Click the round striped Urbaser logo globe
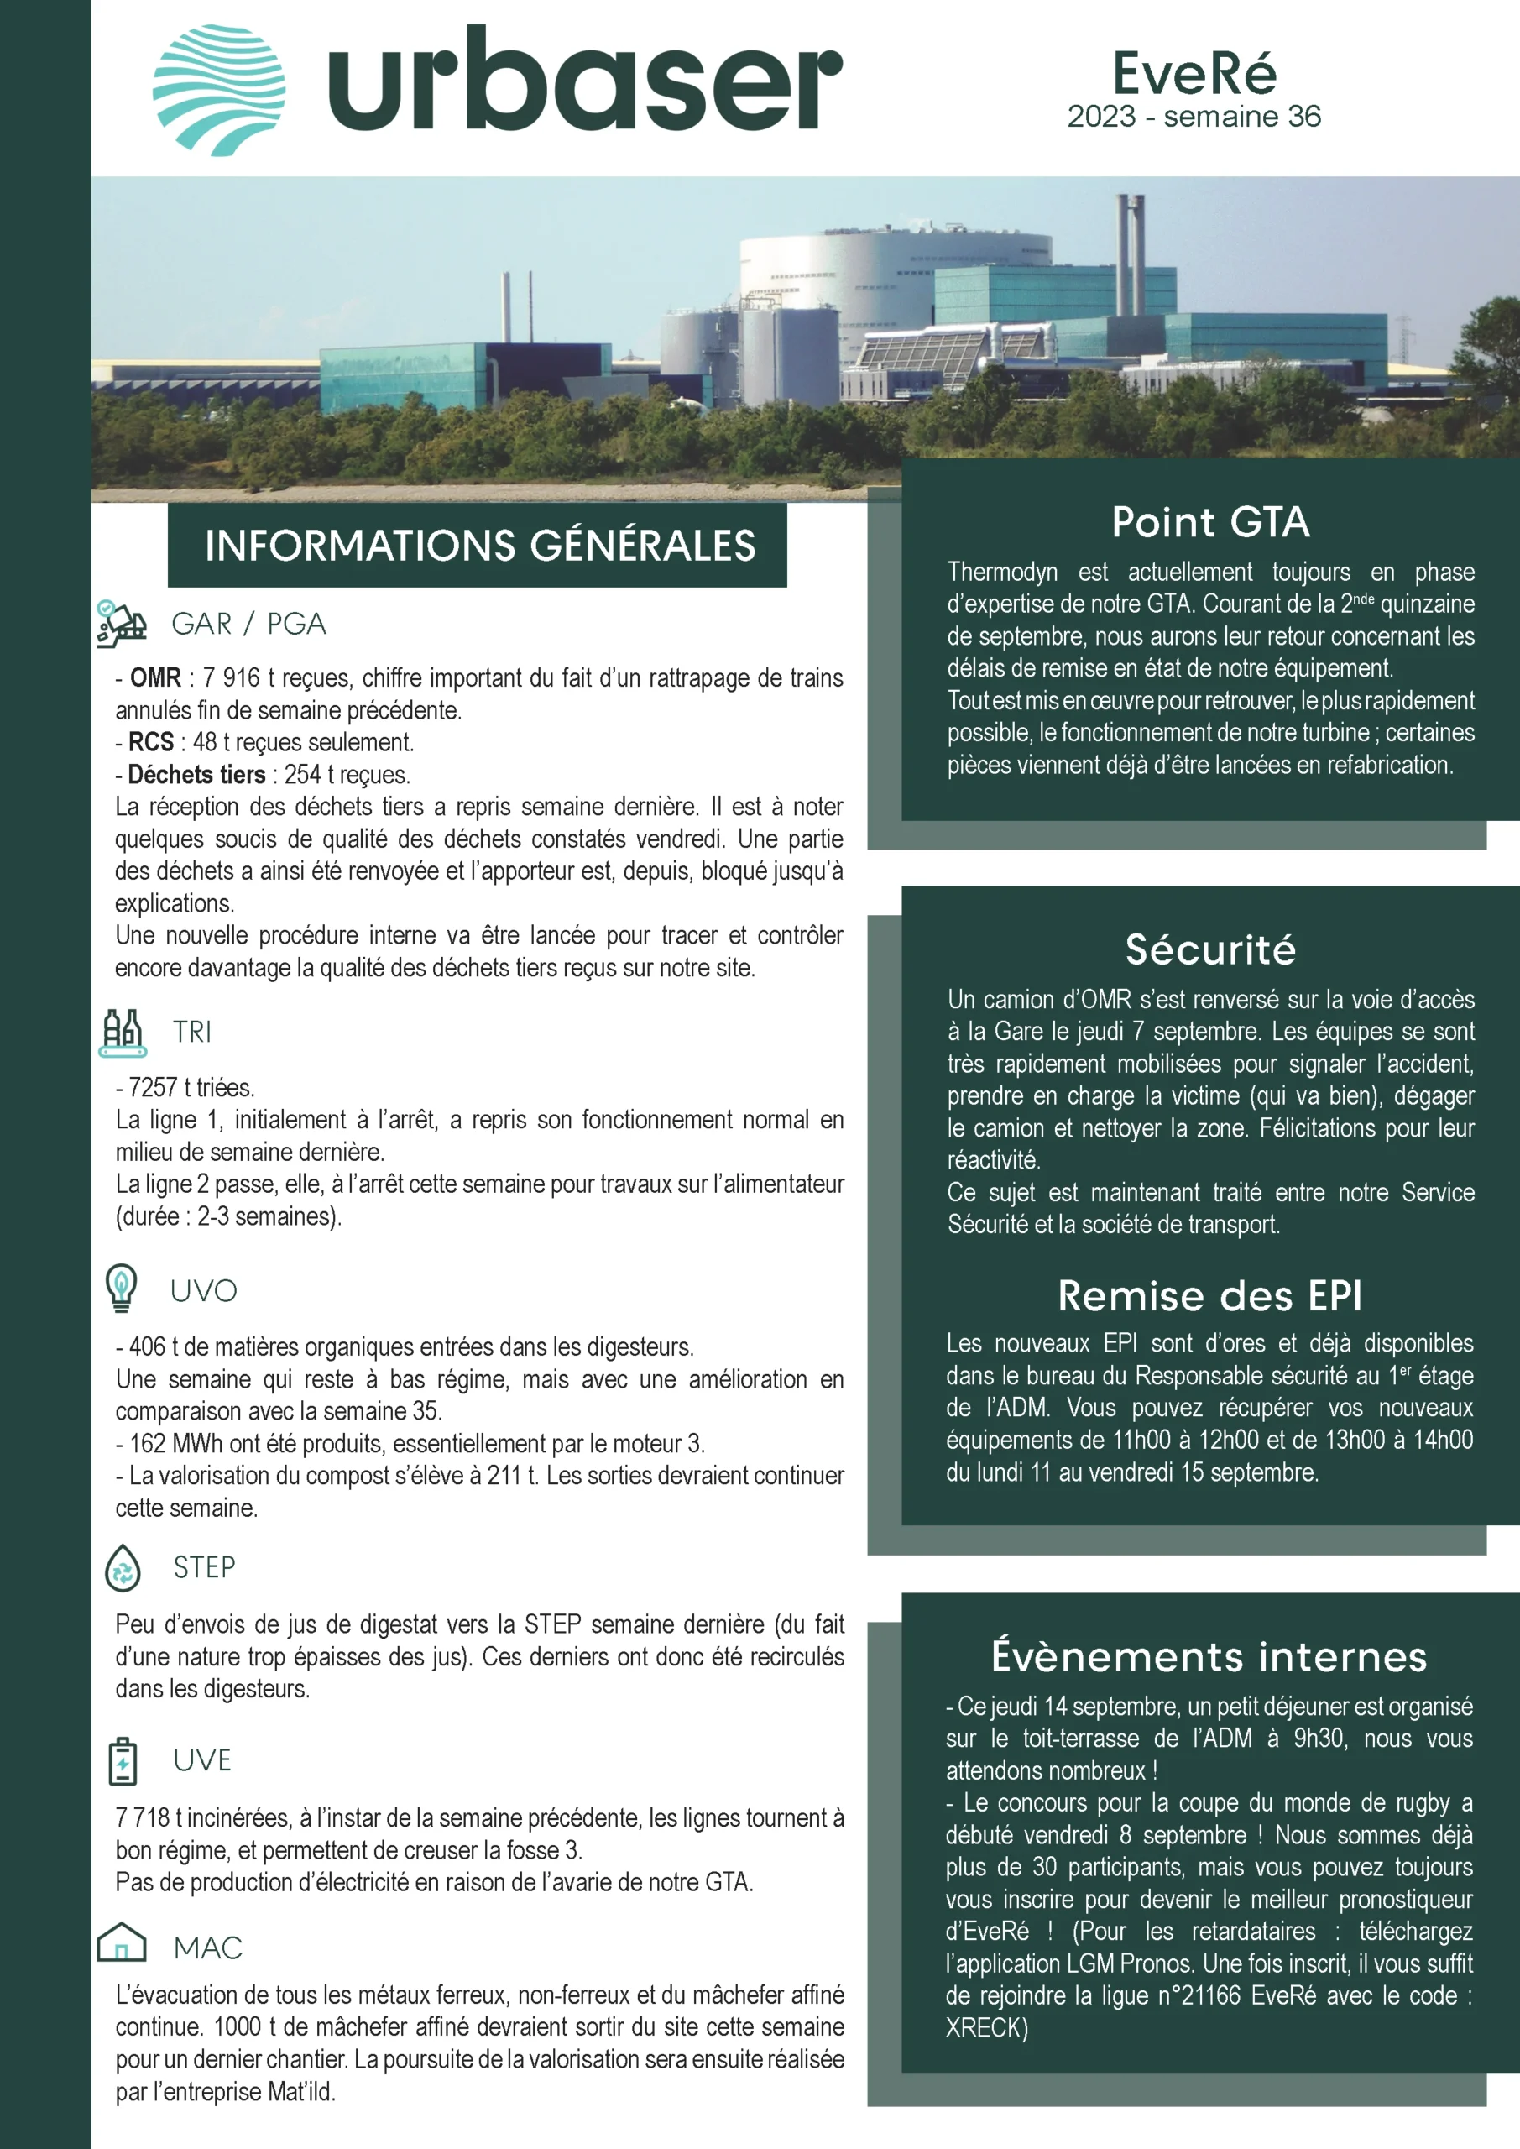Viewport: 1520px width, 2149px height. (x=219, y=90)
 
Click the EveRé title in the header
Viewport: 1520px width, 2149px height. (x=1194, y=73)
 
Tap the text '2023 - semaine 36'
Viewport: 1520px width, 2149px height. (x=1194, y=117)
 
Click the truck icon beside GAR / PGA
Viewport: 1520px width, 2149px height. (x=121, y=624)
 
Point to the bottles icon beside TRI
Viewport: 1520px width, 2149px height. (x=122, y=1033)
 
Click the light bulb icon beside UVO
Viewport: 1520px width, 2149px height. (x=122, y=1288)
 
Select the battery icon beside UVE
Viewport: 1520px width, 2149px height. (x=123, y=1760)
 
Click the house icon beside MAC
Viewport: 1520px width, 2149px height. (x=122, y=1944)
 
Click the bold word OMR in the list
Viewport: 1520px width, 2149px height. (x=155, y=677)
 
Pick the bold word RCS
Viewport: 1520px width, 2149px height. (x=151, y=742)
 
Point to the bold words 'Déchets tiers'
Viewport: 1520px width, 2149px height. (x=196, y=775)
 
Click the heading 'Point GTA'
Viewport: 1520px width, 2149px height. (x=1210, y=522)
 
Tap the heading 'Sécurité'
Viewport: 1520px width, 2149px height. (x=1210, y=950)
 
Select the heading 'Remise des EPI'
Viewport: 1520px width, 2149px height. (x=1209, y=1296)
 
